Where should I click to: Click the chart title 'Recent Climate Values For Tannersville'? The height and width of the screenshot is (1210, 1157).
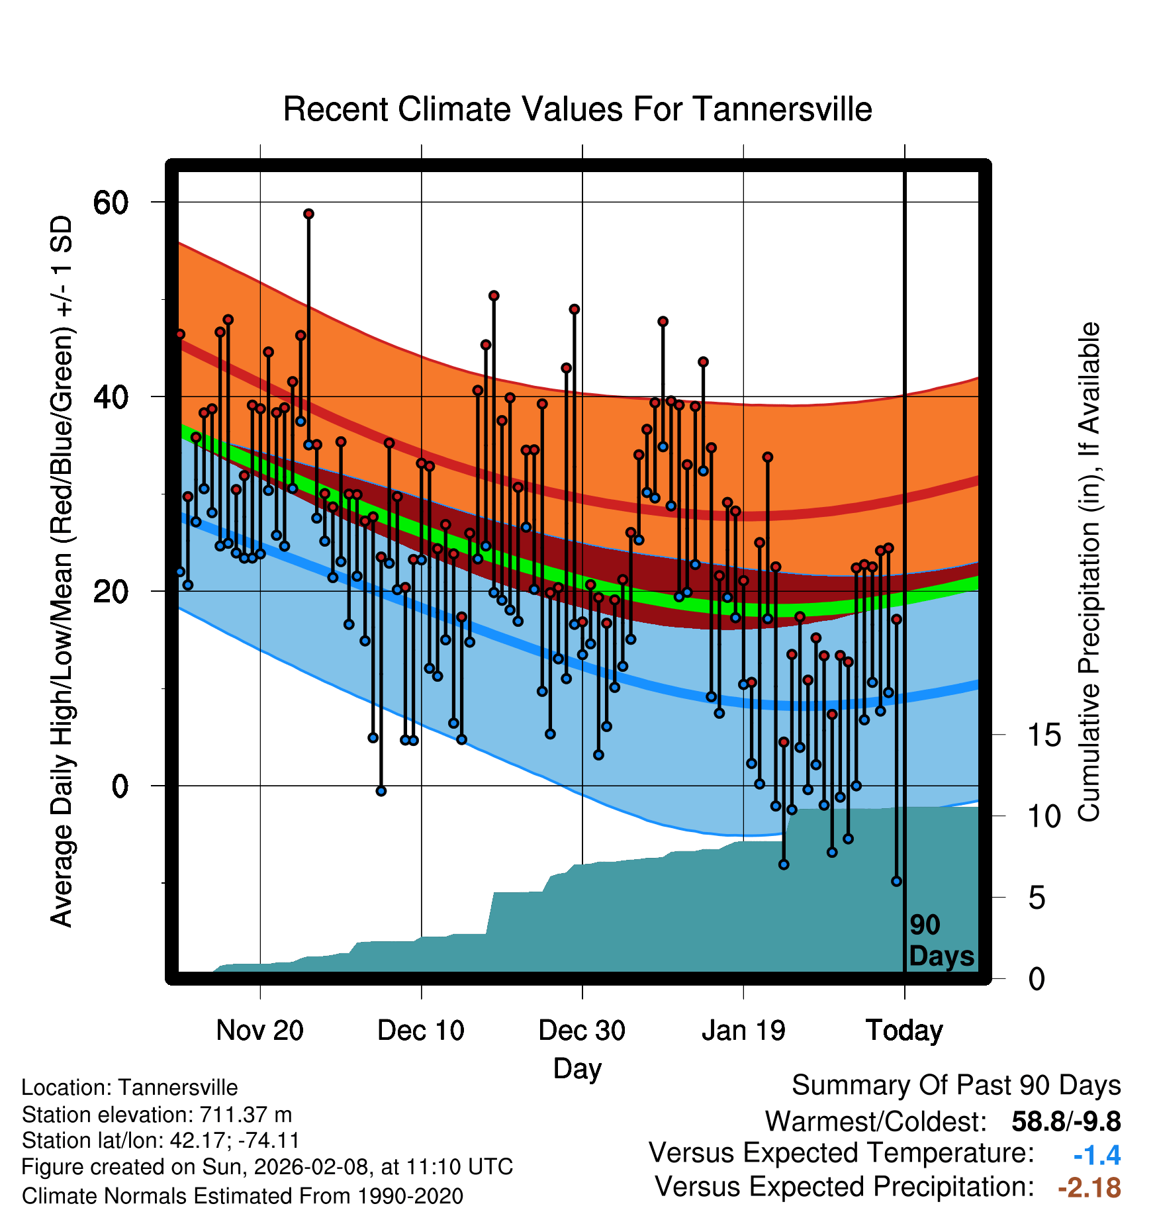(x=577, y=109)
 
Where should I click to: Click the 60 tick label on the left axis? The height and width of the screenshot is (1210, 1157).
(x=111, y=203)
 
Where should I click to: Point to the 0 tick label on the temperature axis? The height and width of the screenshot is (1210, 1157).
(x=120, y=786)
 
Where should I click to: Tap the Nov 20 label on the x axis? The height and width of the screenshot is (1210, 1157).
(x=259, y=1031)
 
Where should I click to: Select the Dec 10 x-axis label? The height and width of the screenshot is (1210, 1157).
(x=421, y=1031)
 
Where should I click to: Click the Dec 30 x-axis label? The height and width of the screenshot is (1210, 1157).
(x=582, y=1031)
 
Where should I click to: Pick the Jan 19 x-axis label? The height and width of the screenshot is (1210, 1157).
(x=743, y=1031)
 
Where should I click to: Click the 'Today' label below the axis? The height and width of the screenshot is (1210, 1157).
(x=904, y=1031)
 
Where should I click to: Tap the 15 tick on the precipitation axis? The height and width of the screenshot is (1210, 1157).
(x=1044, y=735)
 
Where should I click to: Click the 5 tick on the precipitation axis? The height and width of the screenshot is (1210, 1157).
(x=1037, y=898)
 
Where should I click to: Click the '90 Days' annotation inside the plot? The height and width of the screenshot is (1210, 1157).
(x=941, y=941)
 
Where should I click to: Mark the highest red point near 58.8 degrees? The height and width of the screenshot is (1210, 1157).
(x=308, y=214)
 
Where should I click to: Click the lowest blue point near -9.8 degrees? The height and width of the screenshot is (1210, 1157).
(x=896, y=881)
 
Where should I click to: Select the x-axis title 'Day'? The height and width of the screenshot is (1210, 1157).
(x=577, y=1069)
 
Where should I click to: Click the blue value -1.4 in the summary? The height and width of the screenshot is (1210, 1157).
(x=1097, y=1156)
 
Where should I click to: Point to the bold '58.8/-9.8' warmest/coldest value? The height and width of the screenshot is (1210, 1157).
(x=1066, y=1122)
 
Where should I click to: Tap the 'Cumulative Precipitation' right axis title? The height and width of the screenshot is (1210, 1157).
(x=1089, y=573)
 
